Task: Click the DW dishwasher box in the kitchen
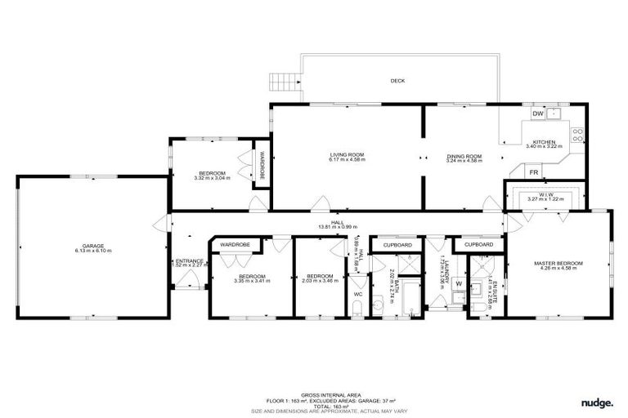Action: point(539,113)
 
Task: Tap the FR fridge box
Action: point(533,172)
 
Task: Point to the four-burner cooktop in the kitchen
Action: point(578,135)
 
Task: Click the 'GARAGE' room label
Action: point(92,246)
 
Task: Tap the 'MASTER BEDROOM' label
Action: point(558,263)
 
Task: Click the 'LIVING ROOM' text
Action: point(347,155)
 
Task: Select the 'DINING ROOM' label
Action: point(464,156)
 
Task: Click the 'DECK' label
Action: point(397,81)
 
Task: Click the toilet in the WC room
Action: point(358,307)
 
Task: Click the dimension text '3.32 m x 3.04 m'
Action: point(212,178)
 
